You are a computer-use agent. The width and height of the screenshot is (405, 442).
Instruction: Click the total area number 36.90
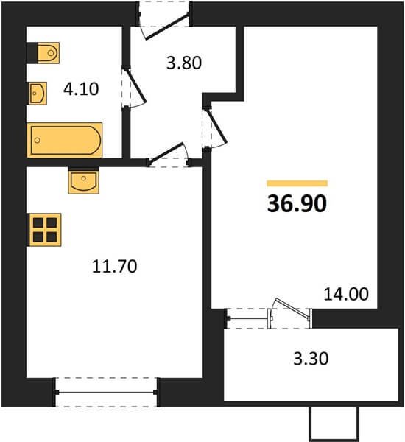(297, 203)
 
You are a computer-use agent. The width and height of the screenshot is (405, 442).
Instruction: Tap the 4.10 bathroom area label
(81, 89)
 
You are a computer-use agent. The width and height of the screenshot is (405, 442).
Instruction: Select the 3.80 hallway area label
(184, 63)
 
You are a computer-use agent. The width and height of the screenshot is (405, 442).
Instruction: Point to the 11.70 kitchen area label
(114, 267)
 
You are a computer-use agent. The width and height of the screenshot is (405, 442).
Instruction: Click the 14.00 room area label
(346, 294)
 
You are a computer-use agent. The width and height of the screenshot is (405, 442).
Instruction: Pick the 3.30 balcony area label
(311, 359)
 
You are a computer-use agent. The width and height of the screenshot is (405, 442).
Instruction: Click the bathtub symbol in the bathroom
(65, 140)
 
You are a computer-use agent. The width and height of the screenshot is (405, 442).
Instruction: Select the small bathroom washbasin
(38, 94)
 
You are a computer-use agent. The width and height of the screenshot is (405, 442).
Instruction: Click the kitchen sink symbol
(84, 180)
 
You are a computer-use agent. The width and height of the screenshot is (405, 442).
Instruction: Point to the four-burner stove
(45, 230)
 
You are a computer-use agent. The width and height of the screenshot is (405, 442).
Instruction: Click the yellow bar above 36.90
(297, 183)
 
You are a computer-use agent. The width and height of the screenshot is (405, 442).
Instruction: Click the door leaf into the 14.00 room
(217, 126)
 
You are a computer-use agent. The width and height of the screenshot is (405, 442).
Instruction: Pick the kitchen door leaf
(166, 153)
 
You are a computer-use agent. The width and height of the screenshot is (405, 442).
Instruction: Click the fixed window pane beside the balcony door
(247, 318)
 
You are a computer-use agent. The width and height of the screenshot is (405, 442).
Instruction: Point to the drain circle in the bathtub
(38, 140)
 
